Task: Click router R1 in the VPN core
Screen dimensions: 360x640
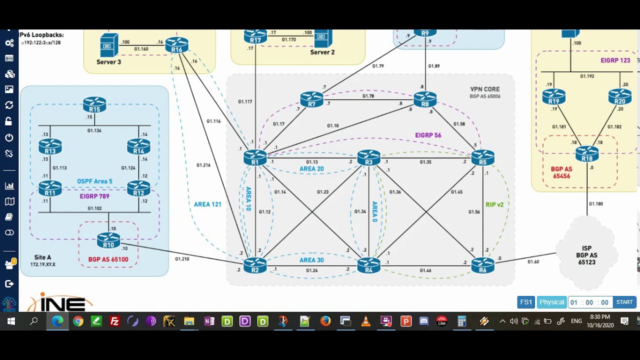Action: coord(255,157)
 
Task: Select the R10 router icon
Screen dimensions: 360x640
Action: coord(108,240)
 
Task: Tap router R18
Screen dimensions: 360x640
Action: coord(587,153)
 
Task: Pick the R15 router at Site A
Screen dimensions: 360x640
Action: coord(94,104)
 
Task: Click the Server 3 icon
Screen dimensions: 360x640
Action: coord(109,45)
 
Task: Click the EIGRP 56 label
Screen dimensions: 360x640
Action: coord(428,135)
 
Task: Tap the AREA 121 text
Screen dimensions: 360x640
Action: coord(207,204)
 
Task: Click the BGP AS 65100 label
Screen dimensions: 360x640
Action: coord(108,259)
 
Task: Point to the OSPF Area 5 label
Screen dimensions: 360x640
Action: coord(94,181)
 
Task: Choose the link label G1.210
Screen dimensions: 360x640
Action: coord(182,259)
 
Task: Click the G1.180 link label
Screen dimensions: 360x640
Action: coord(595,204)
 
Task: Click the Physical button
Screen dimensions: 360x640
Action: coord(552,302)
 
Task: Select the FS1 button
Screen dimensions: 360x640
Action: coord(526,302)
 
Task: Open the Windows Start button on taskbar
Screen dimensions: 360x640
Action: coord(10,321)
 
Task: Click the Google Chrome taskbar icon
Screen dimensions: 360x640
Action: coord(78,321)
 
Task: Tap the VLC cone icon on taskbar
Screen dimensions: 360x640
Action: coord(365,321)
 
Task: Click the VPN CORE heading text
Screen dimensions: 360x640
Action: coord(485,89)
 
